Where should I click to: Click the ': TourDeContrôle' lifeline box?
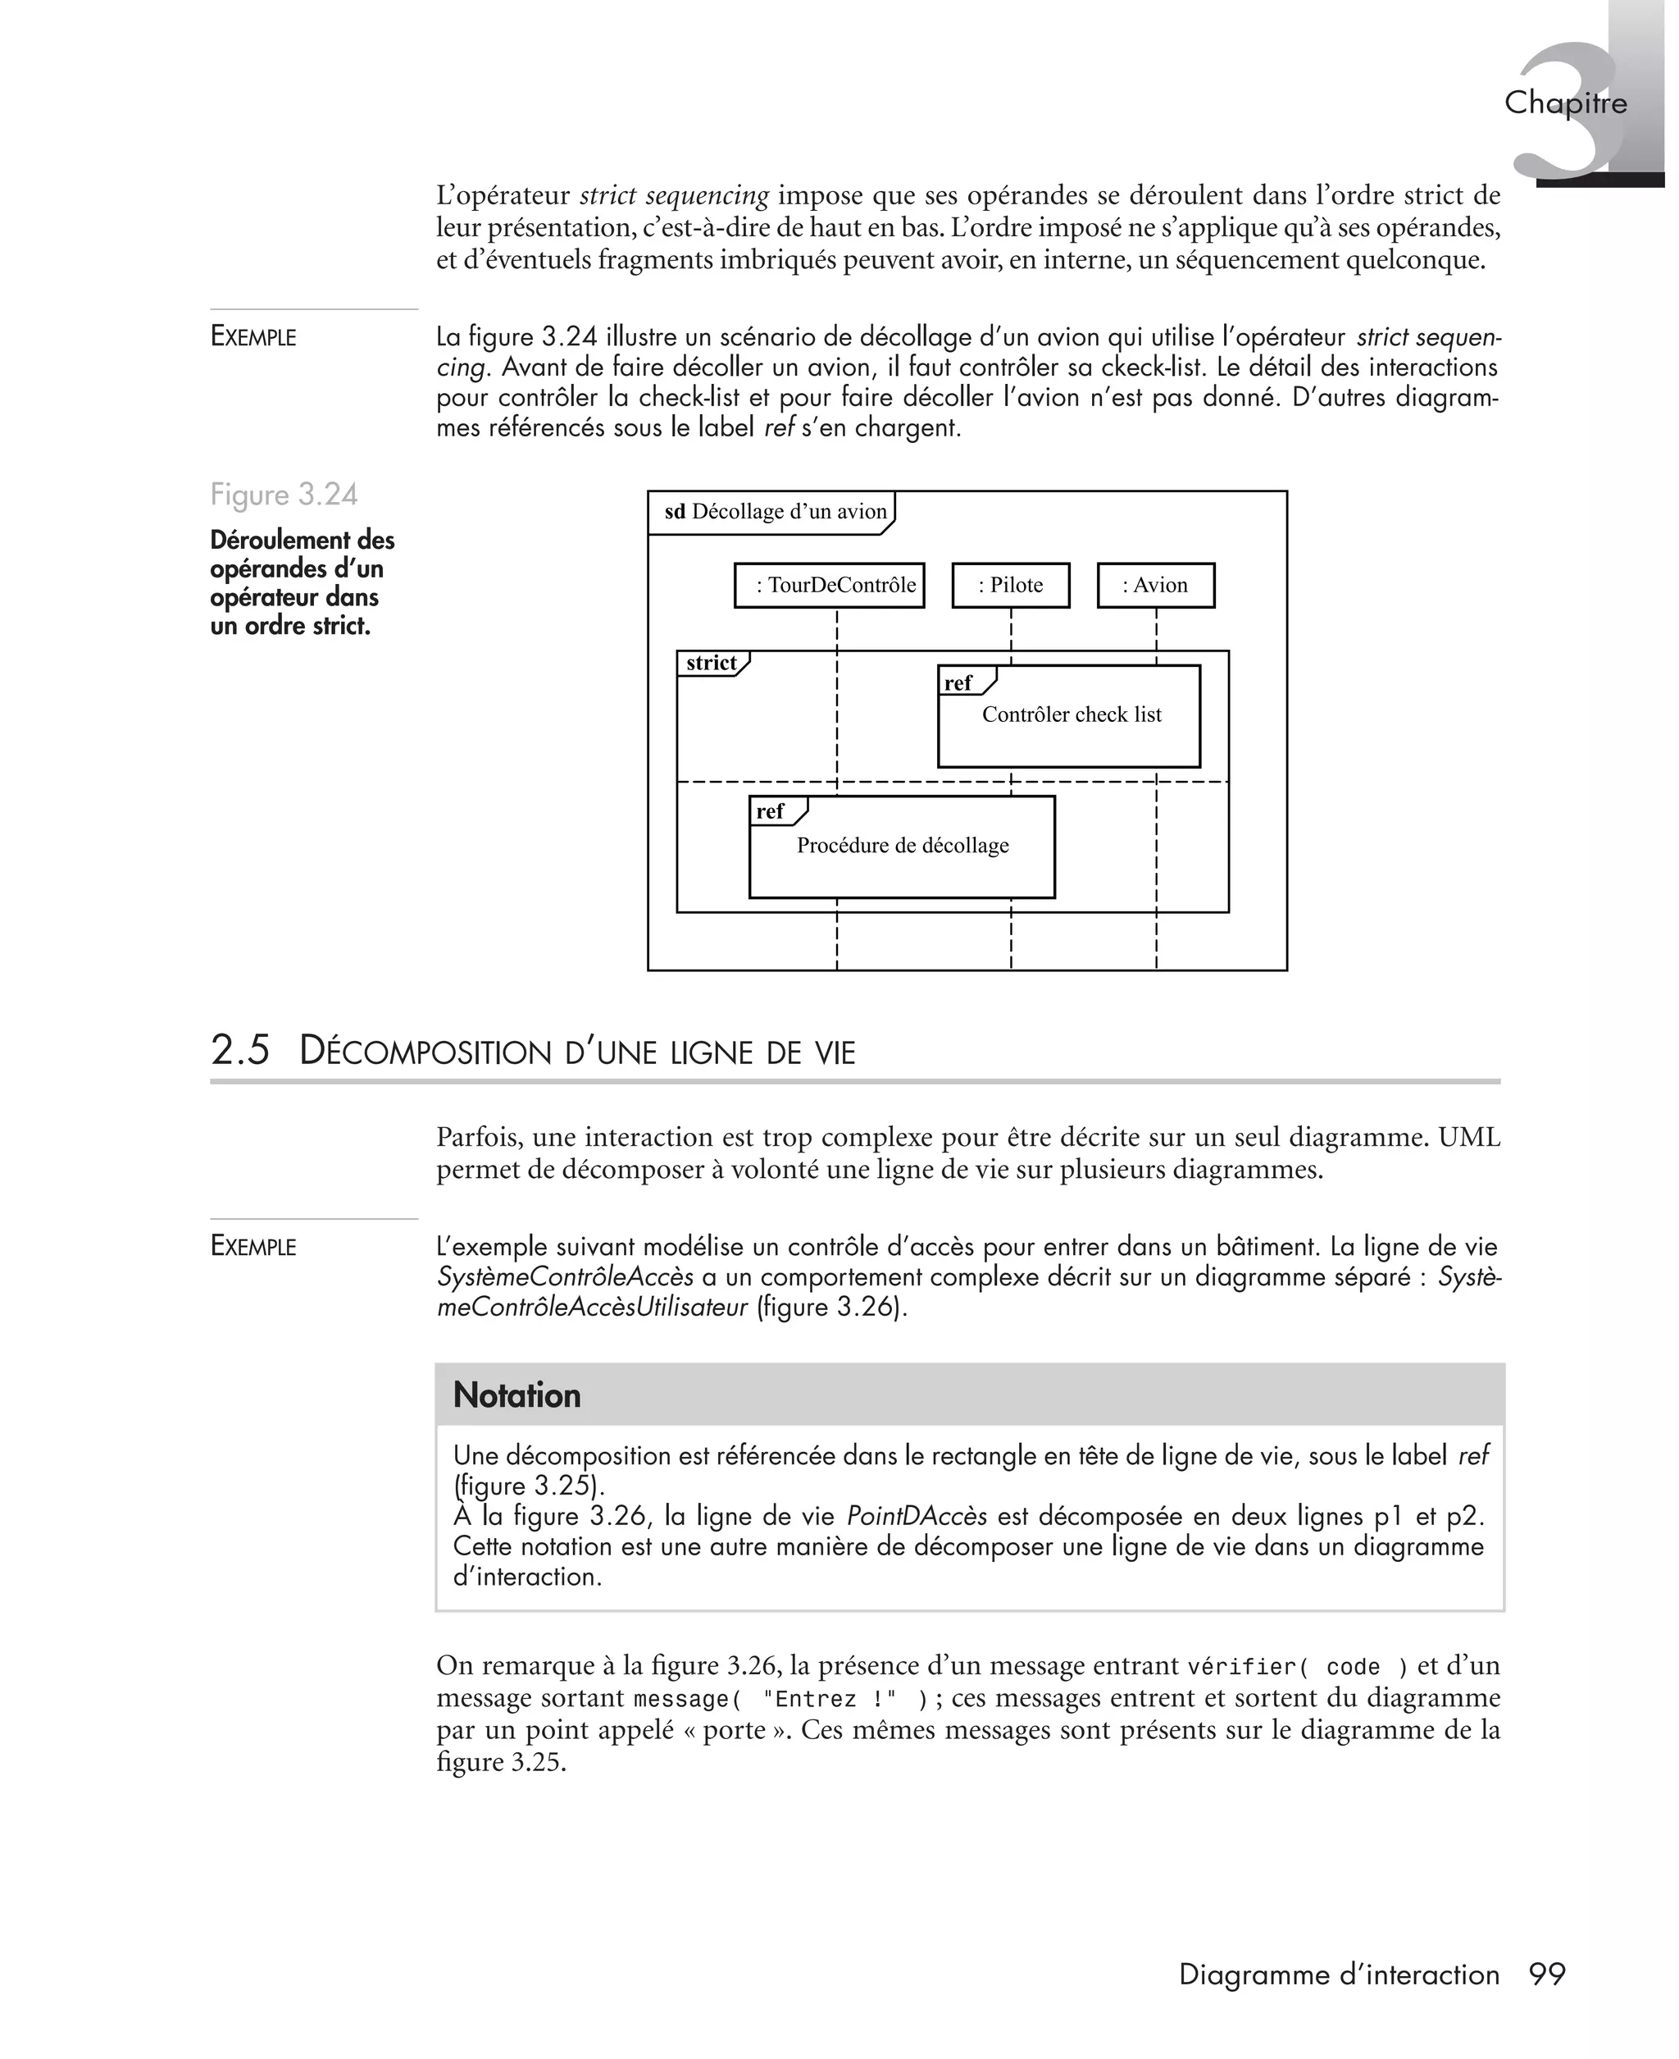tap(829, 586)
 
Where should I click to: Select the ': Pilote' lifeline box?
tap(1011, 586)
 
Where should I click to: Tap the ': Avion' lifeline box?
tap(1156, 586)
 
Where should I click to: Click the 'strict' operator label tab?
tap(712, 663)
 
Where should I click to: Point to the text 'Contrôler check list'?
tap(1072, 715)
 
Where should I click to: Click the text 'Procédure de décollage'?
tap(903, 846)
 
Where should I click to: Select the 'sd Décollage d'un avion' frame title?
tap(775, 512)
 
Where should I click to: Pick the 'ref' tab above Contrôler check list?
tap(958, 683)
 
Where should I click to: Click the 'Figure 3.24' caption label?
tap(284, 495)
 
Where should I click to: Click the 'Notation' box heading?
tap(516, 1395)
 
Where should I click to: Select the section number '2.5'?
tap(240, 1051)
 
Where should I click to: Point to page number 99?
tap(1546, 1975)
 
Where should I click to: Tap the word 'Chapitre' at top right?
tap(1565, 103)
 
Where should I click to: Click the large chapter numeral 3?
tap(1572, 107)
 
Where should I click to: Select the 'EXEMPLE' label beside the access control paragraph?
tap(253, 1246)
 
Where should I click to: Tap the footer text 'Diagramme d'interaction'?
tap(1339, 1975)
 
